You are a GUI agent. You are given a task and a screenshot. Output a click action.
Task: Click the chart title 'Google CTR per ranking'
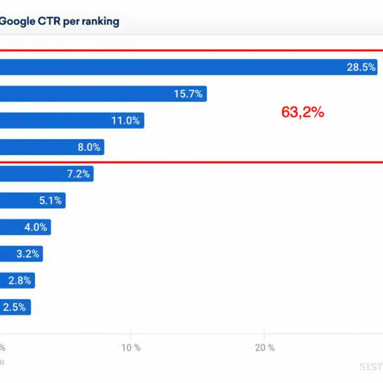(59, 21)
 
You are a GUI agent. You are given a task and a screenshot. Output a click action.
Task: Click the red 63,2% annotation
(303, 112)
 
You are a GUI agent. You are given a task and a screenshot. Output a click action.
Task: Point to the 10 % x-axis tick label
(131, 348)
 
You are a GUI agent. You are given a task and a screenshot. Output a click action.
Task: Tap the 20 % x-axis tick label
(264, 348)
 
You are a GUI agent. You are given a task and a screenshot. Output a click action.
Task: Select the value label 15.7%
(188, 94)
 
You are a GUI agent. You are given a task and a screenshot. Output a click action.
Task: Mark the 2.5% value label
(14, 307)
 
